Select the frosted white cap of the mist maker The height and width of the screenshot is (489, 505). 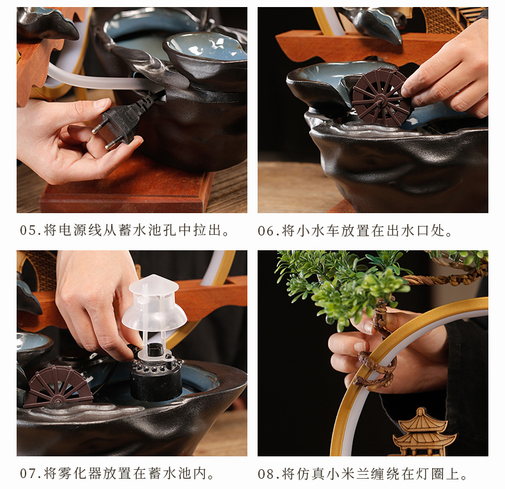point(154,303)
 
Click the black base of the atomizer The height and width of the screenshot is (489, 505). point(156,379)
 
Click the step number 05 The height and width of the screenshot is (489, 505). point(28,230)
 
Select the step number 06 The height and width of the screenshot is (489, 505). point(266,231)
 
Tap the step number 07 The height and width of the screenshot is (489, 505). point(28,474)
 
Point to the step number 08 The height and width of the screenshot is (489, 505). point(266,474)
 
